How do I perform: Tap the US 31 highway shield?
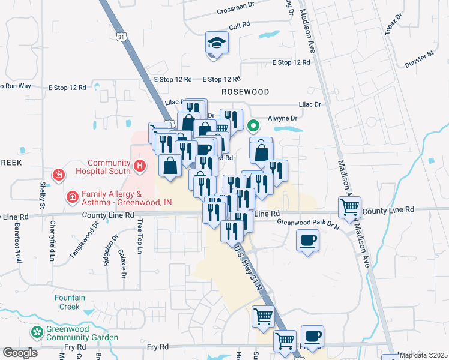(x=122, y=37)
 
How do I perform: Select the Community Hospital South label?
(x=109, y=167)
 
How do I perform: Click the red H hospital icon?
(x=140, y=166)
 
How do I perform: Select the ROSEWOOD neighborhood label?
(x=245, y=92)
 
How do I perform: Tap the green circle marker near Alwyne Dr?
(x=253, y=126)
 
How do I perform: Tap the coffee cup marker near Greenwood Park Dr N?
(x=308, y=241)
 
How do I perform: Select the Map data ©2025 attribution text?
(x=423, y=355)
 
